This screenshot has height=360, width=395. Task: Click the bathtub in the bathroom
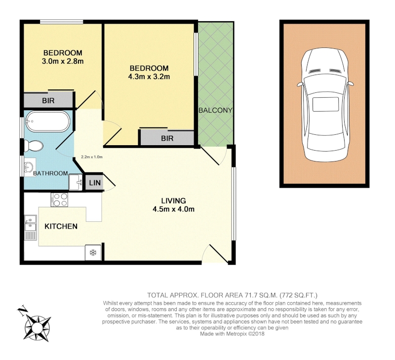(48, 121)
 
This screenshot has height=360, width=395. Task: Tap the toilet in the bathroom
(34, 146)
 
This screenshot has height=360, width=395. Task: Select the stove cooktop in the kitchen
(59, 200)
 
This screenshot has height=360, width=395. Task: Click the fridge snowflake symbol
(93, 252)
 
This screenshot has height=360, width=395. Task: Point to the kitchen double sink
(31, 227)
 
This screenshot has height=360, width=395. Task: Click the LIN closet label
(95, 183)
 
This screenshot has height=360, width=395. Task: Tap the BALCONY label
(215, 110)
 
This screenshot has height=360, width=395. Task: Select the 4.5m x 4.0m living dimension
(174, 209)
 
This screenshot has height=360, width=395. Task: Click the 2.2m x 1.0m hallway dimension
(92, 157)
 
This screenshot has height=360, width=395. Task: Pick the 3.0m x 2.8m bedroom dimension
(63, 61)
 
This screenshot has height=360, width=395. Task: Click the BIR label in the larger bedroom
(167, 138)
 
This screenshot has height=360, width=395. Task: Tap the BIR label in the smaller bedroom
(48, 101)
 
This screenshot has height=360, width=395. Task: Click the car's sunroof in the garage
(325, 104)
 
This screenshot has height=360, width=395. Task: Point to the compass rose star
(38, 328)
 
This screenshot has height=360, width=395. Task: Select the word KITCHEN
(61, 226)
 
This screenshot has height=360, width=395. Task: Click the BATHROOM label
(50, 173)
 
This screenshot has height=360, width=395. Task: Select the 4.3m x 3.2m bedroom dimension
(149, 77)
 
